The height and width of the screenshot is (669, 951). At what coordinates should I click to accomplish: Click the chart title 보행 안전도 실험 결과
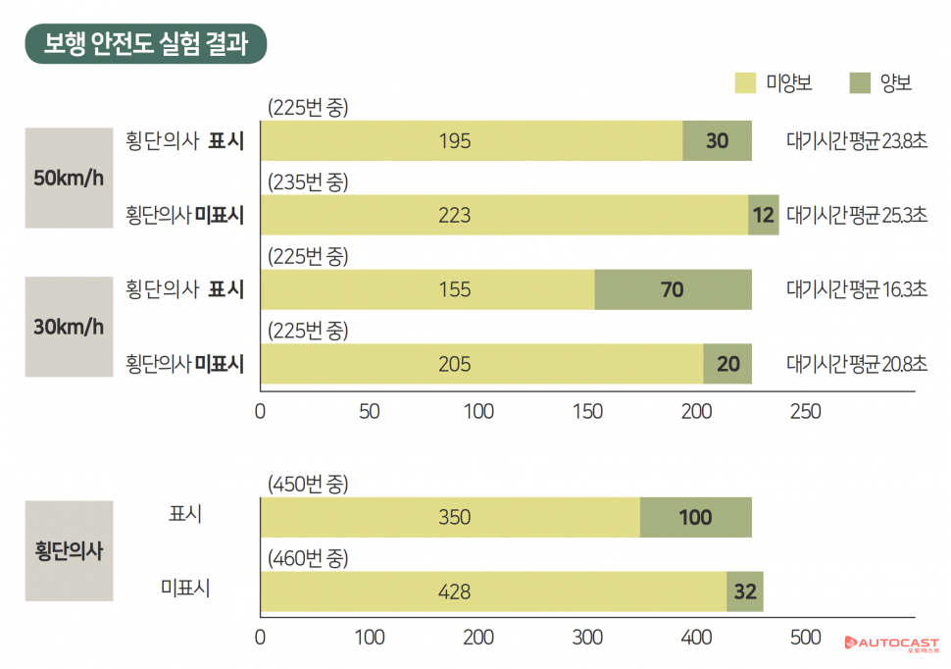point(146,44)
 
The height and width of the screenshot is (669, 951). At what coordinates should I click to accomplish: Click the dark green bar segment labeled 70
point(673,289)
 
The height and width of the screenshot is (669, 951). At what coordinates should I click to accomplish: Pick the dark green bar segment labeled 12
point(764,215)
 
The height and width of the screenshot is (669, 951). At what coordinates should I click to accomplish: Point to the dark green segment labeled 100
point(695,517)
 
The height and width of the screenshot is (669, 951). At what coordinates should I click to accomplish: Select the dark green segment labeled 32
point(745,592)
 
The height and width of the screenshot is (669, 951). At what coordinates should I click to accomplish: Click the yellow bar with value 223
point(504,215)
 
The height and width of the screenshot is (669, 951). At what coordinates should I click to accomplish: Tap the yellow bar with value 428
point(493,592)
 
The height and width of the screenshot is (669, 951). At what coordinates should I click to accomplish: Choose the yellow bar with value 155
point(427,289)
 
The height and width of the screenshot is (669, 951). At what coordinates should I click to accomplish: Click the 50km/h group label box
point(69,178)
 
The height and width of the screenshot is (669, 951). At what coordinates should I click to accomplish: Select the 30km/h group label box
point(69,327)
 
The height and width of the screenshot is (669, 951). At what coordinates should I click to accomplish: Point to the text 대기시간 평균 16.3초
point(856,289)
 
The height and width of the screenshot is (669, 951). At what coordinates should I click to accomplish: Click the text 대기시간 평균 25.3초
point(856,215)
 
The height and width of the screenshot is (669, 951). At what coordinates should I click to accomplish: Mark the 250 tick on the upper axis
point(805,412)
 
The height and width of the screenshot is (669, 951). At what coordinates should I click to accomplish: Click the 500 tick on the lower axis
point(805,638)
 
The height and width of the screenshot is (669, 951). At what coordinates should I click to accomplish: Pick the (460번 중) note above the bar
point(308,559)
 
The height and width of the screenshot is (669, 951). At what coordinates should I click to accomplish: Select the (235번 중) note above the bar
point(308,182)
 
